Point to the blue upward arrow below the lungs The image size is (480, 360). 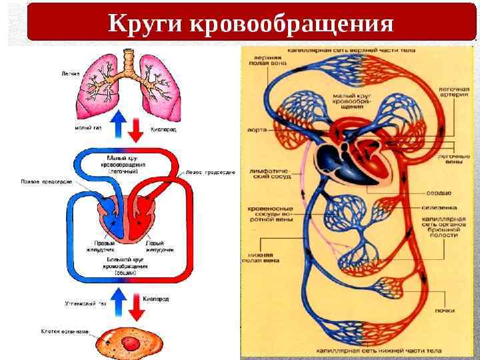[119, 125]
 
